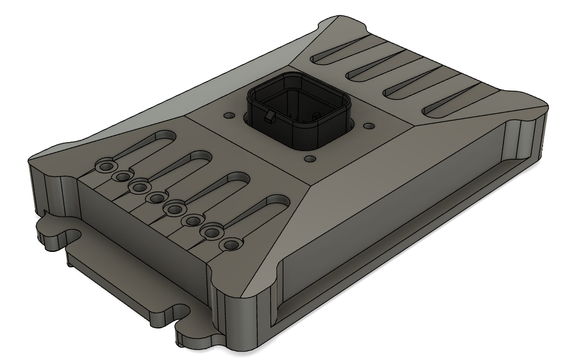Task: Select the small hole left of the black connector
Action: pos(229,115)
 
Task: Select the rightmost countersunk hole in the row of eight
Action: pos(231,246)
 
